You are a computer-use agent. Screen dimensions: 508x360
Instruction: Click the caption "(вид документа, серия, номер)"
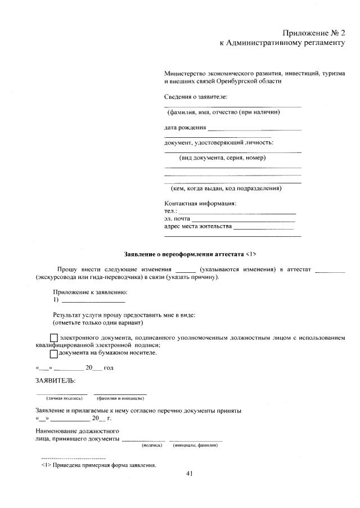click(x=222, y=158)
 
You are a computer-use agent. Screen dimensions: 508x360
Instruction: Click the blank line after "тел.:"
click(x=237, y=212)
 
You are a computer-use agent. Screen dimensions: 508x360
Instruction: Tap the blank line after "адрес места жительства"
click(x=263, y=227)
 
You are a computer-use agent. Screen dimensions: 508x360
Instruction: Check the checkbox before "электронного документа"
click(x=53, y=338)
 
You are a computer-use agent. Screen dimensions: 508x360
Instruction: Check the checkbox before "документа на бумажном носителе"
click(x=53, y=353)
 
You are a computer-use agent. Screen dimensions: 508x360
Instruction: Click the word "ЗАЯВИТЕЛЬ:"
click(x=55, y=381)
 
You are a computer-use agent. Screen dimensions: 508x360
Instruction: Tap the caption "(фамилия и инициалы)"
click(x=120, y=398)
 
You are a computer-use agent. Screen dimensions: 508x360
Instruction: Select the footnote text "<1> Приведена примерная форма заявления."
click(x=98, y=465)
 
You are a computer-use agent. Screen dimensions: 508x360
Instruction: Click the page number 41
click(x=190, y=474)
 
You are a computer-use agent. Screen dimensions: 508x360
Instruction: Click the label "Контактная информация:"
click(x=200, y=203)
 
